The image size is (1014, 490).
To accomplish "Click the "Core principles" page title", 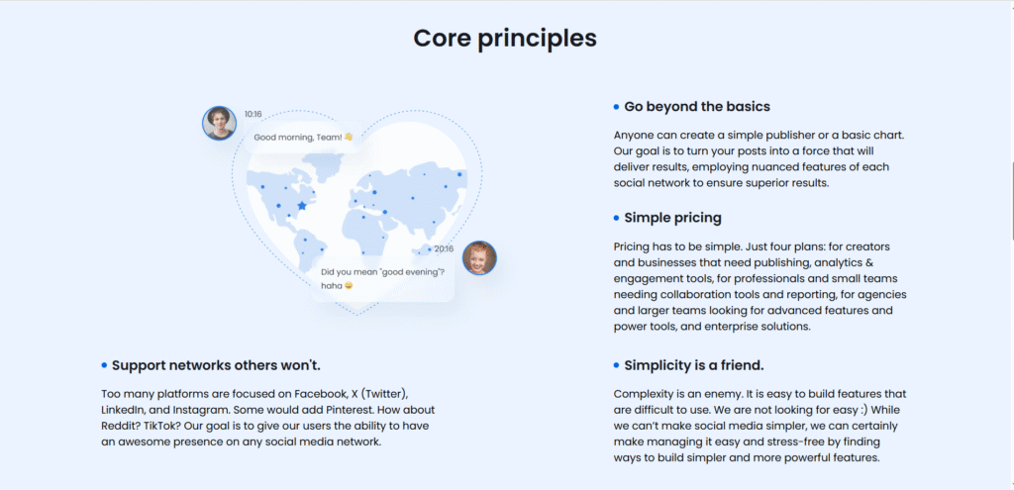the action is tap(505, 39).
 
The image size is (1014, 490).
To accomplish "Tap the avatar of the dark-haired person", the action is tap(219, 123).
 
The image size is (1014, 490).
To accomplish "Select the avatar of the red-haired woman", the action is tap(479, 258).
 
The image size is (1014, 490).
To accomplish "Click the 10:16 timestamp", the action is tap(253, 115).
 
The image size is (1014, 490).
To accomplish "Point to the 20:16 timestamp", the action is tap(444, 248).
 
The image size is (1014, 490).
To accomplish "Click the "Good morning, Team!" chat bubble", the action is tap(303, 137).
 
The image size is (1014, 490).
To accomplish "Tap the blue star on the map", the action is tap(301, 206).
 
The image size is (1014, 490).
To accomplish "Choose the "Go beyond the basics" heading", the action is tap(697, 107).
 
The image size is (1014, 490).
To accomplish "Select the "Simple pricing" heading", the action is tap(672, 218).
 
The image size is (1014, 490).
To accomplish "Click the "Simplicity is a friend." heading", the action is tap(694, 365).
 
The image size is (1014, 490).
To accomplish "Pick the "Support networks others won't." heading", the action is tap(216, 365).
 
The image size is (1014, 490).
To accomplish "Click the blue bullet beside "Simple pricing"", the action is tap(616, 219).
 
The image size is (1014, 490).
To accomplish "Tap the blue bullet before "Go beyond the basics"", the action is tap(616, 107).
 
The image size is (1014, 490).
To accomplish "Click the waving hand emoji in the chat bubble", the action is tap(349, 137).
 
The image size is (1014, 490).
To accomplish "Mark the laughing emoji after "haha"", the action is tap(349, 286).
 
